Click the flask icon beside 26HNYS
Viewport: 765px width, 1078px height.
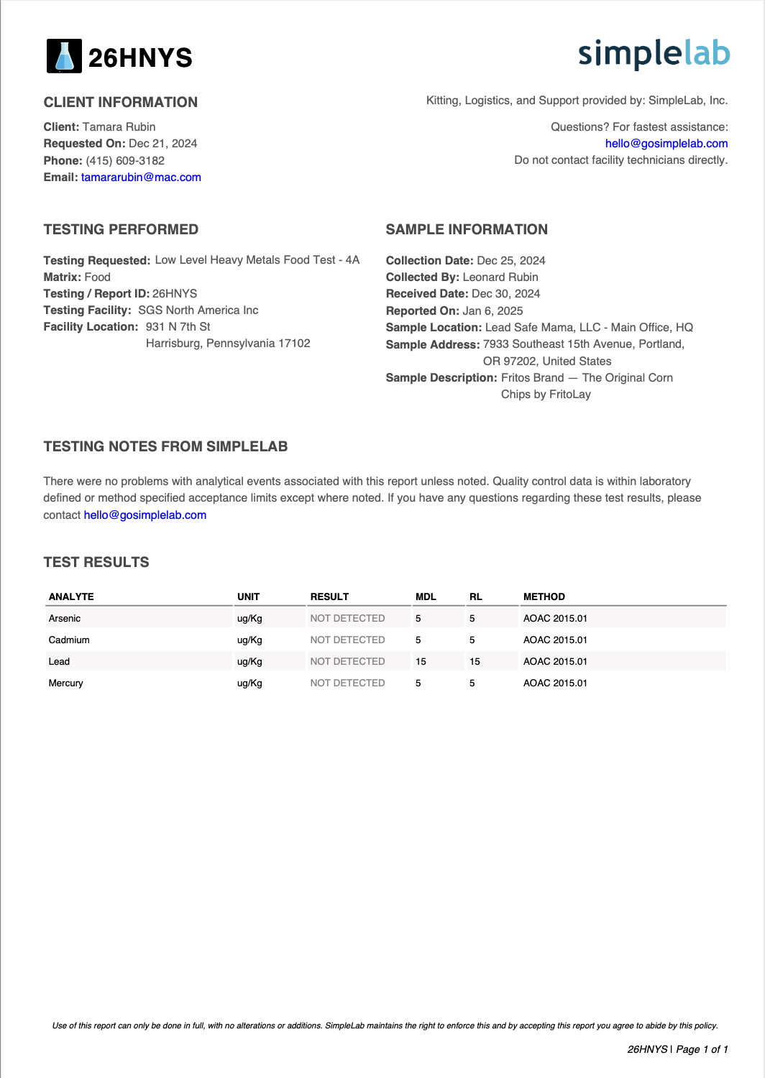(64, 56)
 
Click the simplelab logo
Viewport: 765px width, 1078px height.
(654, 54)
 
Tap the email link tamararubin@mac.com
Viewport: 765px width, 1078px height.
(141, 178)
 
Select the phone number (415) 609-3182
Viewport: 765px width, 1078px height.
(125, 161)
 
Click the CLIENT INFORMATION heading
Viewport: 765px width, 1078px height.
(120, 102)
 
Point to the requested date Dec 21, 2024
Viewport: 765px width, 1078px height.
(162, 144)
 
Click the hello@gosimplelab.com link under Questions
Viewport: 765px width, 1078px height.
(666, 144)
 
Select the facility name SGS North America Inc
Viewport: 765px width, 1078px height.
(198, 310)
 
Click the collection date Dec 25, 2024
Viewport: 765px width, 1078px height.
(510, 261)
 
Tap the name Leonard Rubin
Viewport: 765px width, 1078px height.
(500, 277)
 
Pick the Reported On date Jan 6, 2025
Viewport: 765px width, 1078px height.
(493, 311)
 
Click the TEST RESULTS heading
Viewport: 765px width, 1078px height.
(96, 562)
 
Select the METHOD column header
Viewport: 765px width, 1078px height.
(544, 597)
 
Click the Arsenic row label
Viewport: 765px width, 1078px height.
(65, 619)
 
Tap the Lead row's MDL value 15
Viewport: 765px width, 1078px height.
(421, 662)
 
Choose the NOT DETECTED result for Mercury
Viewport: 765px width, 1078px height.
(347, 683)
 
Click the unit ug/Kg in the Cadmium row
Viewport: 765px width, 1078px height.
(249, 640)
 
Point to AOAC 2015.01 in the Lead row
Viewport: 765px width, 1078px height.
(555, 662)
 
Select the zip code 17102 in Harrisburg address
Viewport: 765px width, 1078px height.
(294, 344)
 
